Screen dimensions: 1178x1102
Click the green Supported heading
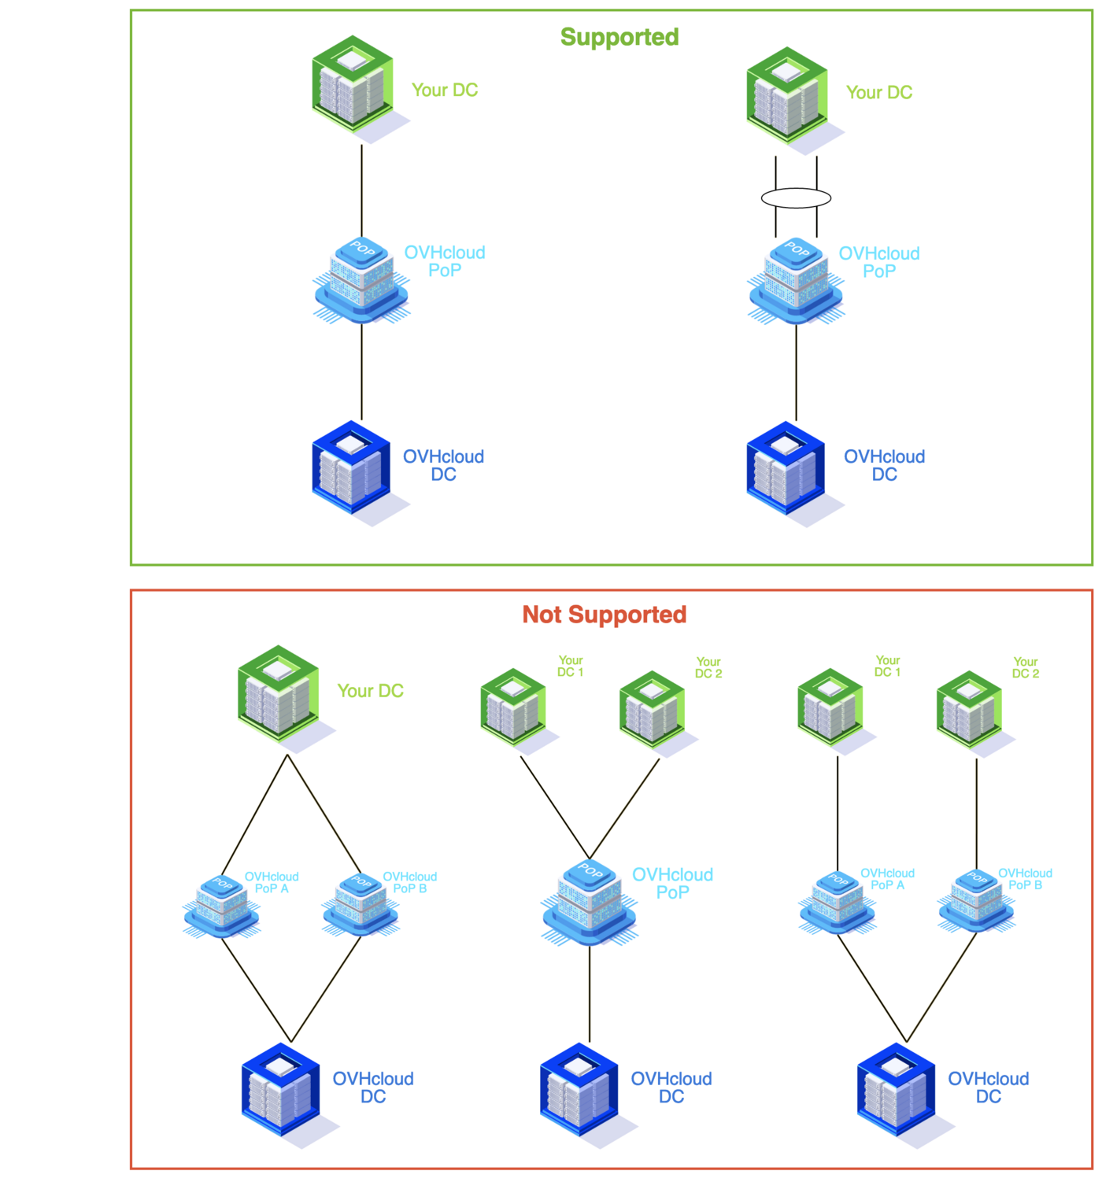click(619, 37)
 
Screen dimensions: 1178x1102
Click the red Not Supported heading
click(605, 615)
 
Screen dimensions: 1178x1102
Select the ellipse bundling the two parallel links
click(796, 198)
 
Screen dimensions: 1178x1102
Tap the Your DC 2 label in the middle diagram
click(708, 667)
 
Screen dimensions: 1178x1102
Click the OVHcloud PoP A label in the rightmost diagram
click(887, 879)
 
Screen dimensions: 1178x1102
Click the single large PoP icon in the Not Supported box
click(589, 901)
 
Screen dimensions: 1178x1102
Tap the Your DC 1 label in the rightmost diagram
click(887, 666)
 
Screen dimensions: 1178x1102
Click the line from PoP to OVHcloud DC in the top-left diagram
click(361, 371)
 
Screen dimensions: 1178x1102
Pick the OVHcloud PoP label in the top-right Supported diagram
click(878, 262)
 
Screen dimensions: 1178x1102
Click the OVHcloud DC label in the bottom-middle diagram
click(671, 1087)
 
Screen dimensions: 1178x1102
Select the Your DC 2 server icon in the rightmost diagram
click(969, 708)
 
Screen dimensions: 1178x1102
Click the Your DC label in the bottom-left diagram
click(370, 691)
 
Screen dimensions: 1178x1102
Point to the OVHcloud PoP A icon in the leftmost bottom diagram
click(221, 905)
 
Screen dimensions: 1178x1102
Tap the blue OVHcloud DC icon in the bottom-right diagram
click(896, 1090)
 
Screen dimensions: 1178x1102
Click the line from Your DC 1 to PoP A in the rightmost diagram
click(838, 814)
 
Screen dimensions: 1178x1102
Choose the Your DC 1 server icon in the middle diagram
click(513, 706)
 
